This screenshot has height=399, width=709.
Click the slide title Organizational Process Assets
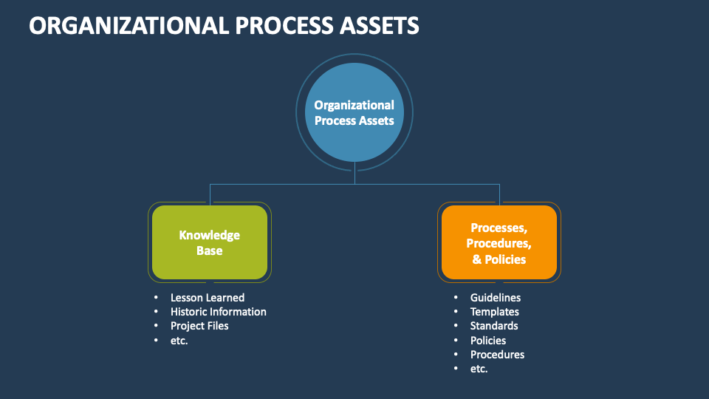point(225,26)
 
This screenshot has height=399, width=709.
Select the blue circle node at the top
point(354,112)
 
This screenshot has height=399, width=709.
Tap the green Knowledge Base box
point(209,242)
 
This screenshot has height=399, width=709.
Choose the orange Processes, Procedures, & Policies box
point(499,242)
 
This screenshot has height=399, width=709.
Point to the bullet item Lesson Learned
point(207,298)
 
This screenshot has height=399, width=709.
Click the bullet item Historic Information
point(218,312)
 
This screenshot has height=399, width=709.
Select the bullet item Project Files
point(199,326)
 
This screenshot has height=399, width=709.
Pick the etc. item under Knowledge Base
point(179,341)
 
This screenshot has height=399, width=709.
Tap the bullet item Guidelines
point(496,298)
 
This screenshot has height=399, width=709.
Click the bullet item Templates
point(494,312)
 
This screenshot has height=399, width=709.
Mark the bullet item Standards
point(494,326)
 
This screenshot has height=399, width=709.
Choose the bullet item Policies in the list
point(488,341)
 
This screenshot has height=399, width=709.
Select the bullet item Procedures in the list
point(497,355)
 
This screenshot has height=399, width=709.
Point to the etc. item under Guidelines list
point(479,369)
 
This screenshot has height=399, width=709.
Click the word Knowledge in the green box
point(209,235)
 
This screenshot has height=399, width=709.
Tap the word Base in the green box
point(209,250)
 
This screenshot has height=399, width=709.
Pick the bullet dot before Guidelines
point(456,298)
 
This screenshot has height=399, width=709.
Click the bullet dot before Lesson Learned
point(156,298)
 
